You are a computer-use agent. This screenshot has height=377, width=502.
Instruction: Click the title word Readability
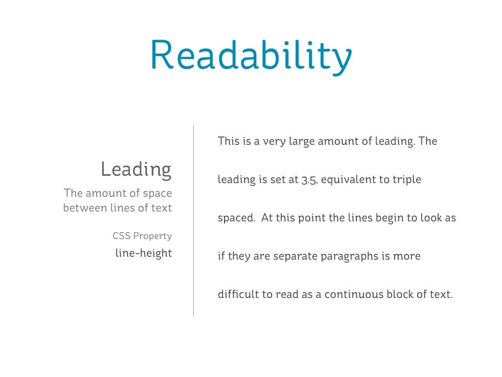point(251,55)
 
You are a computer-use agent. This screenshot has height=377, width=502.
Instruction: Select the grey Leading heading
point(136,169)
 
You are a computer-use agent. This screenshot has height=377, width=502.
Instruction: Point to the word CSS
point(122,236)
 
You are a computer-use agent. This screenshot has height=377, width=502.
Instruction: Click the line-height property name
point(144,253)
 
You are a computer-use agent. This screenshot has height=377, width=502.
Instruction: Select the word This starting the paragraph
point(228,141)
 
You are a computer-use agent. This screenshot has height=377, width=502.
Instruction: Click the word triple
point(407,180)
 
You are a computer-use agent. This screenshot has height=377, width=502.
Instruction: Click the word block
point(402,295)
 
